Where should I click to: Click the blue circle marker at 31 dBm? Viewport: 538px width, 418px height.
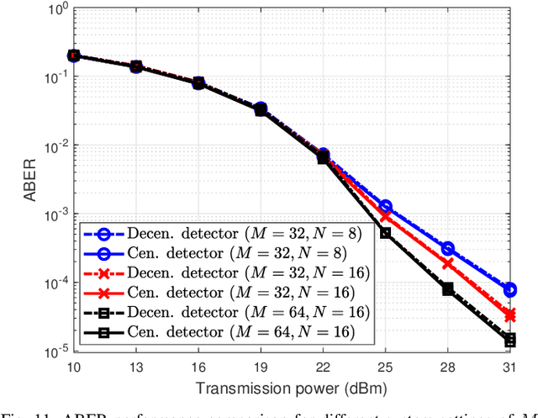point(509,289)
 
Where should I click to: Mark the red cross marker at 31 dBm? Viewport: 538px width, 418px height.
point(509,315)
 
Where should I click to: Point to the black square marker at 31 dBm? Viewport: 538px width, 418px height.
point(509,340)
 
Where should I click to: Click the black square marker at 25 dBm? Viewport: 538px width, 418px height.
point(385,233)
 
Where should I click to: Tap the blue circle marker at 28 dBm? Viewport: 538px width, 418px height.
point(447,249)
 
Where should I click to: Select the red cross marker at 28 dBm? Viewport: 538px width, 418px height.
point(447,264)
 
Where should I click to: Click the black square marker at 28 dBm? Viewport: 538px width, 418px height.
point(447,288)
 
